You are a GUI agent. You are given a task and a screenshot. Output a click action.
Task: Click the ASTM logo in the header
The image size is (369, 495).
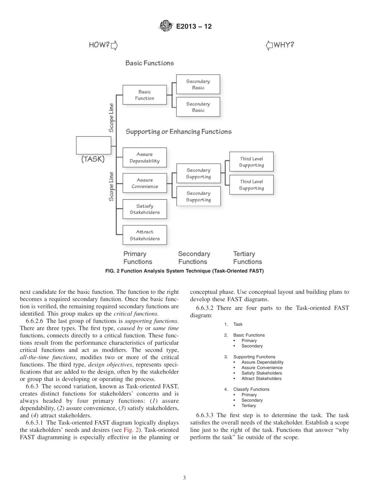(x=165, y=26)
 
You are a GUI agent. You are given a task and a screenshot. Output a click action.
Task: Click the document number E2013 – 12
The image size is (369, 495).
(x=194, y=27)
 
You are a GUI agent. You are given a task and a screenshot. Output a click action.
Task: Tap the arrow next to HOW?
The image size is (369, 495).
(x=114, y=46)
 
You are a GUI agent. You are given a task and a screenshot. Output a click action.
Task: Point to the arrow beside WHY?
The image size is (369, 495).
(x=269, y=46)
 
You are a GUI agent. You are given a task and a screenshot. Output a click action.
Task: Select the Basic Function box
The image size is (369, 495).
(x=144, y=95)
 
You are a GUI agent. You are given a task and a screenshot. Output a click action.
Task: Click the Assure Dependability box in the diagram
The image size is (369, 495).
(x=144, y=158)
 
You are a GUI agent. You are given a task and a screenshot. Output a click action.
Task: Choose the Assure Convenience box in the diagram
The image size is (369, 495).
(x=144, y=183)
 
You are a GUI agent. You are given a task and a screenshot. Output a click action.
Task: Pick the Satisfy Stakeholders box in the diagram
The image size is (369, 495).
(x=144, y=209)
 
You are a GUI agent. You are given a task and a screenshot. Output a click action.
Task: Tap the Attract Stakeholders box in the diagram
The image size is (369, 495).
(x=144, y=235)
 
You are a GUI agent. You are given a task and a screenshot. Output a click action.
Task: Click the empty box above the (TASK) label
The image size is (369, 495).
(x=94, y=145)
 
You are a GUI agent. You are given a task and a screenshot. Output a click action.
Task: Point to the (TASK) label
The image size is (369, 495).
(x=93, y=159)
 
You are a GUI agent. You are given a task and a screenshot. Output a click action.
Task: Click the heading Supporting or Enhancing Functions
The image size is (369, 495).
(x=178, y=132)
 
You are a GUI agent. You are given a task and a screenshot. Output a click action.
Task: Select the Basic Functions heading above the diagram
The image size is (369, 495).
(x=150, y=63)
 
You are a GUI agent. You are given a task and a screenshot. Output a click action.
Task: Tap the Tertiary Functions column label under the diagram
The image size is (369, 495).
(x=247, y=258)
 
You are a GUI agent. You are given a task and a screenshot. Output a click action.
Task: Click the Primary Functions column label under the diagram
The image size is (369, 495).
(x=138, y=258)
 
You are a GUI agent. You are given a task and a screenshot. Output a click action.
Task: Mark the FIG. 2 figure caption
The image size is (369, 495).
(x=184, y=271)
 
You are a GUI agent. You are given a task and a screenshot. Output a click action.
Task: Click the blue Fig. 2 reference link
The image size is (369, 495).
(x=130, y=430)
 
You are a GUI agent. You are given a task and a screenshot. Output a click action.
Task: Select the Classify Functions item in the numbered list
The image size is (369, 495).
(x=251, y=389)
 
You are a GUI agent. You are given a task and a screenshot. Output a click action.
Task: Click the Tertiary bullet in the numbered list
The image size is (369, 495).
(x=249, y=405)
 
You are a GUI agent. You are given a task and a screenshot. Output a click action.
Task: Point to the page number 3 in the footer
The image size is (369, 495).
(x=184, y=478)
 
